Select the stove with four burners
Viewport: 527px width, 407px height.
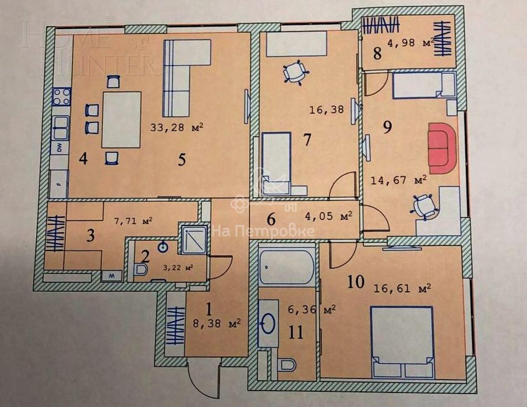[61, 97]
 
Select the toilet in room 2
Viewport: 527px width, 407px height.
[141, 270]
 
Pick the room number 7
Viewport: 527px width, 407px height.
[307, 140]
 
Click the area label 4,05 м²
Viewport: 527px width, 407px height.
[329, 216]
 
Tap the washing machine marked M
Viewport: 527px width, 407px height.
[111, 276]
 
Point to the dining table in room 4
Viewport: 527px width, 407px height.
[121, 120]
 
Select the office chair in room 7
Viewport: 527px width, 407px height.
[296, 72]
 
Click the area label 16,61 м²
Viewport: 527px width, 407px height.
[402, 288]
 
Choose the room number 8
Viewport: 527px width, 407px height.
[377, 54]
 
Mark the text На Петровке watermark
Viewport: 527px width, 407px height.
[263, 231]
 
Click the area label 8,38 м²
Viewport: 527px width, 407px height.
[217, 323]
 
